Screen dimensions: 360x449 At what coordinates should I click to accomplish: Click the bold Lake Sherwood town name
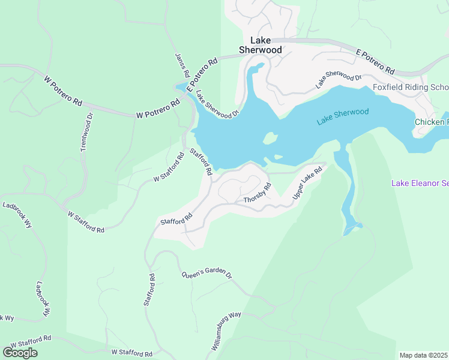[x=261, y=46]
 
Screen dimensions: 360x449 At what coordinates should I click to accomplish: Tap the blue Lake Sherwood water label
[x=342, y=116]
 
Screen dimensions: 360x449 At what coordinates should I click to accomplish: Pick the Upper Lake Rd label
[x=307, y=184]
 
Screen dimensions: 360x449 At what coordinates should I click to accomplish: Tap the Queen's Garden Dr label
[x=206, y=274]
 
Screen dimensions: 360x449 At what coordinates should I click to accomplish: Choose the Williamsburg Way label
[x=226, y=331]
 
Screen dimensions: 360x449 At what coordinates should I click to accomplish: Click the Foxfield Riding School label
[x=411, y=87]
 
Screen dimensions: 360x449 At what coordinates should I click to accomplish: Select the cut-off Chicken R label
[x=431, y=122]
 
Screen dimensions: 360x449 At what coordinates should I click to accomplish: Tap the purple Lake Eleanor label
[x=420, y=183]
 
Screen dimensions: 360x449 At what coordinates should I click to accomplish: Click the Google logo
[x=20, y=352]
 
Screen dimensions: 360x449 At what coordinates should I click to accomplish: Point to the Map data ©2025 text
[x=424, y=355]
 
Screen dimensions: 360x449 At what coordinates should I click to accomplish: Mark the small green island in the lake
[x=271, y=139]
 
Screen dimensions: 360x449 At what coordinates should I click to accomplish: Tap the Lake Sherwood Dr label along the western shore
[x=218, y=104]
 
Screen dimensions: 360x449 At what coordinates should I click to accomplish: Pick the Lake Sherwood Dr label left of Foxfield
[x=339, y=81]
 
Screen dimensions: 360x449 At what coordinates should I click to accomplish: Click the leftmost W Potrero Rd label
[x=62, y=91]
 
